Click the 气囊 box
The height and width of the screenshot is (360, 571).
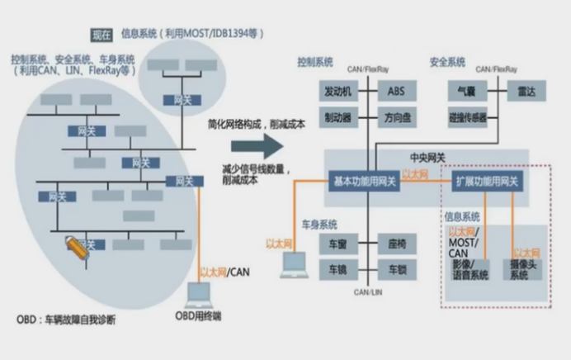[x=463, y=90]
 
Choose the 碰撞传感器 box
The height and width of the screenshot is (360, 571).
[x=468, y=116]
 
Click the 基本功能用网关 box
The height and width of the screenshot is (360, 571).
[x=364, y=182]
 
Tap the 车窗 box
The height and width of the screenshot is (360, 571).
[x=333, y=244]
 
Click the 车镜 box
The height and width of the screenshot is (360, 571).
[x=333, y=270]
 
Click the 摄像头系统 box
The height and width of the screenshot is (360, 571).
[x=526, y=268]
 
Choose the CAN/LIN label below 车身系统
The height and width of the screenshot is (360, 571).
[x=366, y=292]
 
